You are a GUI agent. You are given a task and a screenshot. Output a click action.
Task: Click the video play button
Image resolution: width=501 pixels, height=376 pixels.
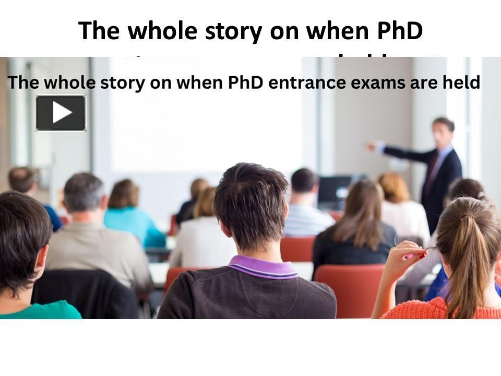pyautogui.click(x=61, y=113)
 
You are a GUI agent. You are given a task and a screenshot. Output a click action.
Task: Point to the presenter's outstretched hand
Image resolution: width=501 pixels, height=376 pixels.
pyautogui.click(x=371, y=146)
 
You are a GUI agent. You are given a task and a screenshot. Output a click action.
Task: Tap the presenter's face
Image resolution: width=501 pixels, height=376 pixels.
pyautogui.click(x=442, y=132)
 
